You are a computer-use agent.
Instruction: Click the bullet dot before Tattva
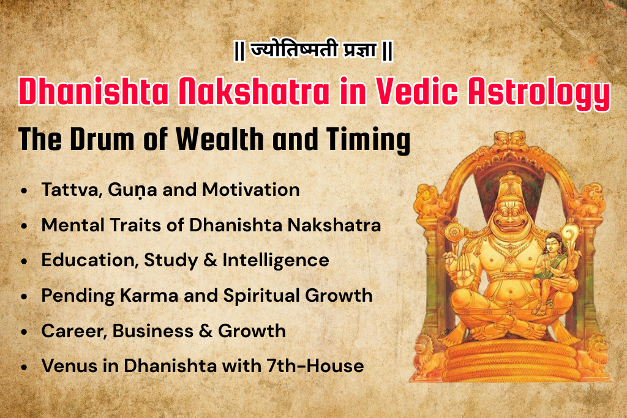pyautogui.click(x=23, y=191)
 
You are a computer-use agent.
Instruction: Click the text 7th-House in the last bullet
pyautogui.click(x=319, y=367)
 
